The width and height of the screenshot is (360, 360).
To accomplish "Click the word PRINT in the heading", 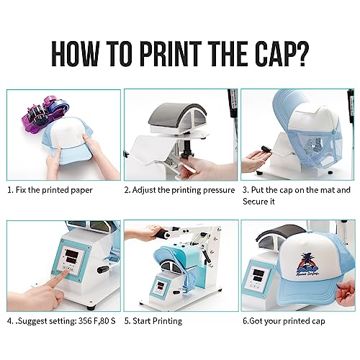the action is pos(168,54).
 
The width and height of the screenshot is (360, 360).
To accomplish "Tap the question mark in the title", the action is pos(302,54).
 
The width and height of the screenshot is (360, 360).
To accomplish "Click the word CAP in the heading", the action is pos(271,54).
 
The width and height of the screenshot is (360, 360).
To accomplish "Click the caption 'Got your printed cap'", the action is pos(287,321).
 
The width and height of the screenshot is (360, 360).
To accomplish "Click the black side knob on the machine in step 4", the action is pos(104,269).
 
